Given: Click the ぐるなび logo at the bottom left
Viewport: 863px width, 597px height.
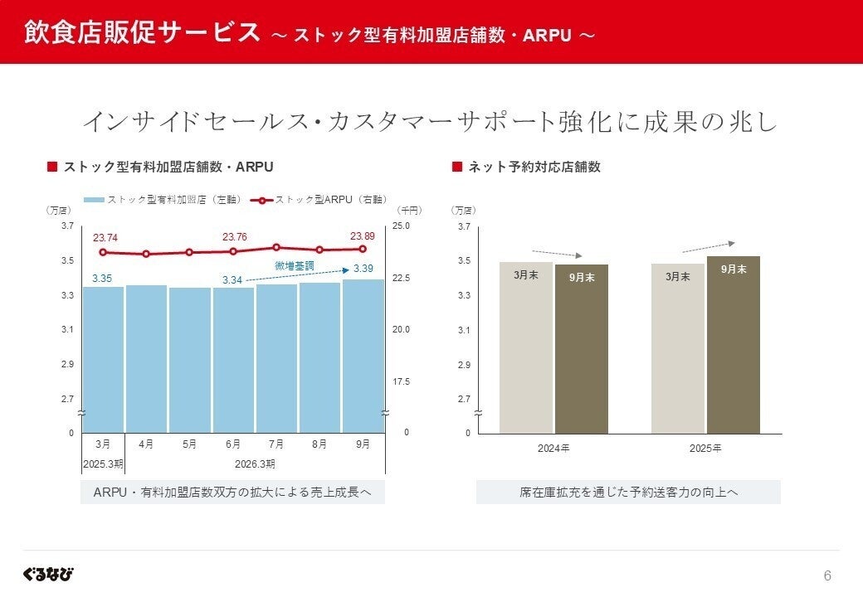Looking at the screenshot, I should click(x=48, y=574).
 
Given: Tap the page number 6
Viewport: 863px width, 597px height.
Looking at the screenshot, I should click(x=826, y=575).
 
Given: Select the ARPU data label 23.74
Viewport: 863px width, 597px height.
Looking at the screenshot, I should click(x=105, y=238).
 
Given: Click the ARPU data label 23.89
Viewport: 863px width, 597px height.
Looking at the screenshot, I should click(x=363, y=235).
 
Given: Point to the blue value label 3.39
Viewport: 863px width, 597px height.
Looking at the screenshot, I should click(x=363, y=269).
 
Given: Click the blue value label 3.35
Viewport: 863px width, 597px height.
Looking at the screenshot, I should click(x=102, y=278).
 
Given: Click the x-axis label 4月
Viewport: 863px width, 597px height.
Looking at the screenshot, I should click(x=146, y=444).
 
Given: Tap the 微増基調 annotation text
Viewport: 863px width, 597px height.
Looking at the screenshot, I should click(x=295, y=265).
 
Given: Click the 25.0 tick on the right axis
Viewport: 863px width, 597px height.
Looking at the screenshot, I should click(x=401, y=226).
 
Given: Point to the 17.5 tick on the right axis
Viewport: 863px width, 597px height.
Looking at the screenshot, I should click(x=401, y=381).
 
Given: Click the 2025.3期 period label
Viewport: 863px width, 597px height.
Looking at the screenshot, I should click(x=102, y=463).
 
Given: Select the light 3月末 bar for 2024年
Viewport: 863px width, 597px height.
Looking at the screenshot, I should click(x=525, y=347).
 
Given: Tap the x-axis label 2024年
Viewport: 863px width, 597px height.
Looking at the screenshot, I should click(x=553, y=449).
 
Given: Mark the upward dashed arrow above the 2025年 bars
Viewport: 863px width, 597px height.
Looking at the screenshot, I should click(x=708, y=246).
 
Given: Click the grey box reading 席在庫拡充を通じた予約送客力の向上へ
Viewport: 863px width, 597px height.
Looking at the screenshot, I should click(x=628, y=492).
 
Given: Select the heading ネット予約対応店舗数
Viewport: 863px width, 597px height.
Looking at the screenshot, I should click(x=534, y=167).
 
